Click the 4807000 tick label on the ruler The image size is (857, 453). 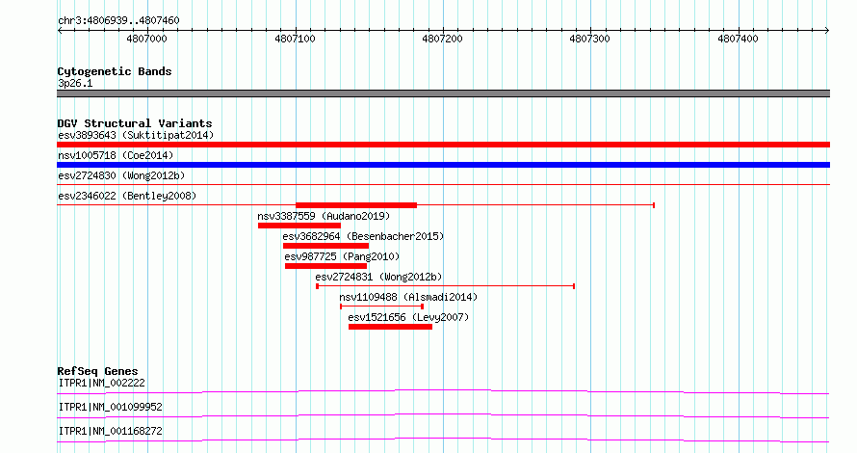[146, 39]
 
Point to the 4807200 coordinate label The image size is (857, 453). [442, 39]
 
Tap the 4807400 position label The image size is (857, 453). [738, 39]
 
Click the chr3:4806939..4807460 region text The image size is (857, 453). [118, 21]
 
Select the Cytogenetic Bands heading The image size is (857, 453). [115, 71]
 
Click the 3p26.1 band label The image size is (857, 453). [75, 83]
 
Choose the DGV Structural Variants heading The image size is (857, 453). [135, 123]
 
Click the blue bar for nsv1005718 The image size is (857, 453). [443, 165]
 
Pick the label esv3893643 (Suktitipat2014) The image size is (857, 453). [136, 135]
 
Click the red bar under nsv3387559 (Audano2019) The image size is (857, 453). [299, 226]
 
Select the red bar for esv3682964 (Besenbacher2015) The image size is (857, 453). [325, 246]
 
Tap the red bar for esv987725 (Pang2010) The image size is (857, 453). [325, 266]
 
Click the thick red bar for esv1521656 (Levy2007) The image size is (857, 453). [390, 327]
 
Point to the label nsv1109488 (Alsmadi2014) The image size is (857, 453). [408, 297]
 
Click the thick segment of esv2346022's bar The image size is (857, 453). [356, 205]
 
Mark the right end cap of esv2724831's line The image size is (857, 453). [574, 286]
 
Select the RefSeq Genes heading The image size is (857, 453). [97, 371]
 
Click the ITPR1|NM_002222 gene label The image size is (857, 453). [102, 383]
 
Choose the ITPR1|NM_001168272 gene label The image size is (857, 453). [111, 431]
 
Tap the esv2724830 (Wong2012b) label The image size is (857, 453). [121, 175]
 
